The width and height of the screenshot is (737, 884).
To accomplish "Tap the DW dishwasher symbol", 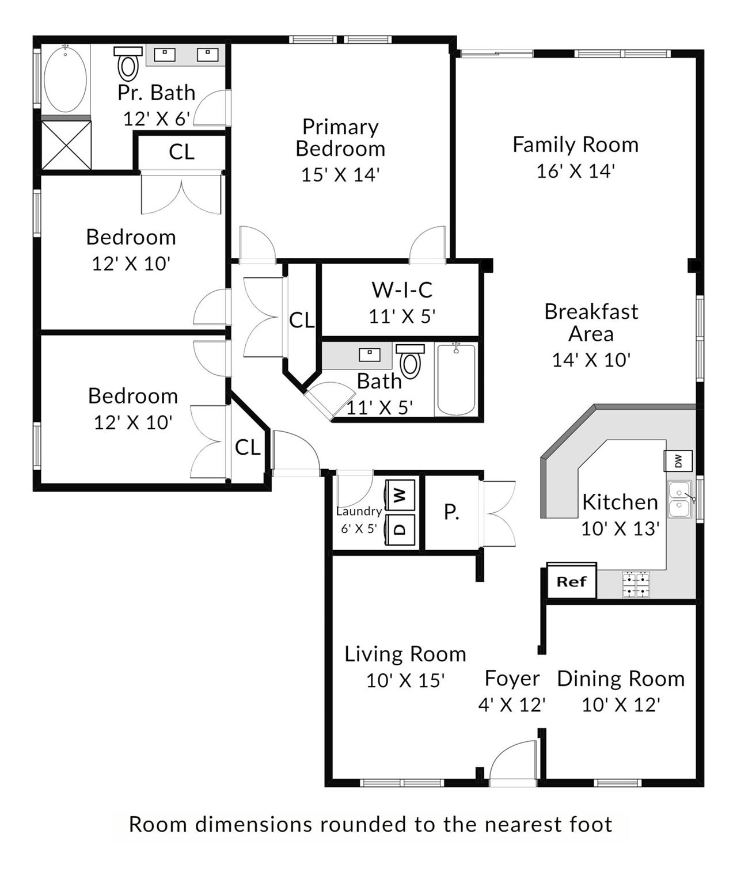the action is pyautogui.click(x=678, y=461).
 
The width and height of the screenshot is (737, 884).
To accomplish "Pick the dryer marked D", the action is pyautogui.click(x=400, y=529).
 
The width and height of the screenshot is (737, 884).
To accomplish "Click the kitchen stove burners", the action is pyautogui.click(x=636, y=585).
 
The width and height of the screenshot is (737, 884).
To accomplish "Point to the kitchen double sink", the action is pyautogui.click(x=680, y=499).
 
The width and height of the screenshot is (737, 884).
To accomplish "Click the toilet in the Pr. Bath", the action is pyautogui.click(x=128, y=63).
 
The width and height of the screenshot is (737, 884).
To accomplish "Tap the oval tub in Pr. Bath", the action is pyautogui.click(x=65, y=79).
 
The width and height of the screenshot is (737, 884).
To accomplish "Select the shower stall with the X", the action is pyautogui.click(x=66, y=145).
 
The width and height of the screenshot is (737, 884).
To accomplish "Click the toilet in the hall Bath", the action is pyautogui.click(x=410, y=361).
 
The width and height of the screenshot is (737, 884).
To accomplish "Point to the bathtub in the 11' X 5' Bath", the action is pyautogui.click(x=456, y=380).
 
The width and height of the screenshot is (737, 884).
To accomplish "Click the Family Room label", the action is pyautogui.click(x=576, y=144).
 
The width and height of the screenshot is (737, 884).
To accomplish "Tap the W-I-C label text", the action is pyautogui.click(x=402, y=290).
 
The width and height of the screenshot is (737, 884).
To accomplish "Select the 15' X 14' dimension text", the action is pyautogui.click(x=340, y=174).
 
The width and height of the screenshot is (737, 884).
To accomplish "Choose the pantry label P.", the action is pyautogui.click(x=451, y=512).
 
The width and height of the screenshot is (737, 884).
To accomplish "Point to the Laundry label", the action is pyautogui.click(x=359, y=512).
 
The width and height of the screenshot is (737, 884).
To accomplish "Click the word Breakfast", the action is pyautogui.click(x=591, y=311).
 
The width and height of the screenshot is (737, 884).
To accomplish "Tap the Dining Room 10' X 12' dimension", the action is pyautogui.click(x=621, y=705).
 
